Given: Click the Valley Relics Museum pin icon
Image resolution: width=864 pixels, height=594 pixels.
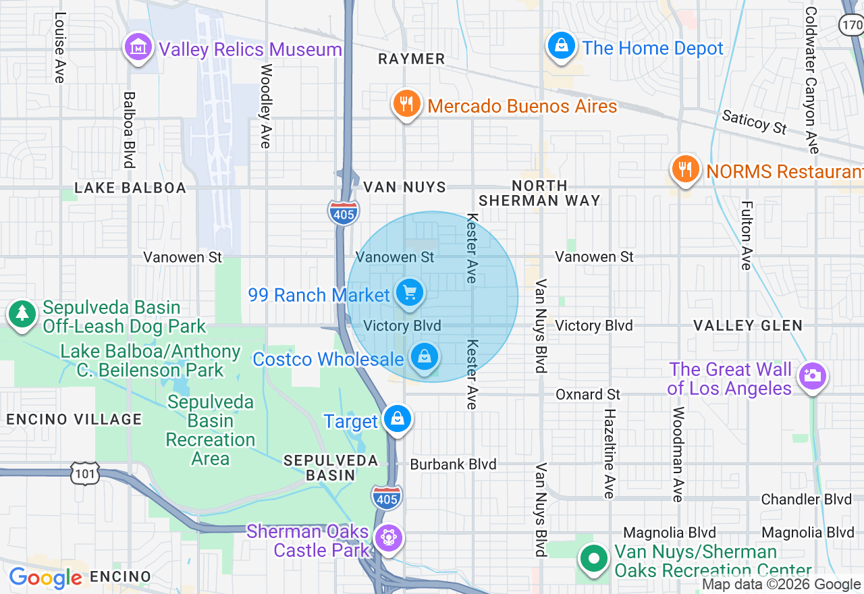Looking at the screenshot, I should tap(138, 47).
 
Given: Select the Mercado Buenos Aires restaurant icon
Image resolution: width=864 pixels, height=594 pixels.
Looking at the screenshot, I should tap(406, 104).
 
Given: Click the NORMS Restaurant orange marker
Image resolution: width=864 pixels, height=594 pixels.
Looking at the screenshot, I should tap(685, 168).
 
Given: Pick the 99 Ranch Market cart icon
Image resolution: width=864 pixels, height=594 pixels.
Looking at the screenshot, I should tap(409, 293).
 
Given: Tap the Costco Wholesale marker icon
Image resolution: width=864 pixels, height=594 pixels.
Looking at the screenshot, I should tap(425, 356).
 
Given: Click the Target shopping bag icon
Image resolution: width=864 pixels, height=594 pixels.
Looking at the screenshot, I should tap(398, 418).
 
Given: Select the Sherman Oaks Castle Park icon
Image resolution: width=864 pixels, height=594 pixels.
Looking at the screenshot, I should tap(389, 538).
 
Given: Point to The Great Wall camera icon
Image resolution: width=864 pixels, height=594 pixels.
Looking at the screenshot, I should tap(812, 376).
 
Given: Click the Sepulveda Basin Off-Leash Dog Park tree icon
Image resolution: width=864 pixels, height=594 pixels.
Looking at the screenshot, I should tap(22, 313).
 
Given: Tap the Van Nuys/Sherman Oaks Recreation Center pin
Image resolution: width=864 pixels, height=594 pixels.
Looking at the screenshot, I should tap(594, 559).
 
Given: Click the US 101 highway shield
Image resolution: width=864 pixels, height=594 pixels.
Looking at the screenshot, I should tap(85, 474).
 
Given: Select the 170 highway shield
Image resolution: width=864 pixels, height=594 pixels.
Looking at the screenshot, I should tap(850, 25).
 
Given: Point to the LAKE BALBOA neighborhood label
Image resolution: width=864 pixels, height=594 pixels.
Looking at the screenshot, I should tap(130, 188).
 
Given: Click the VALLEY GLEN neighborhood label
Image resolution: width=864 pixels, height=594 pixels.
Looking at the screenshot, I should tap(748, 326).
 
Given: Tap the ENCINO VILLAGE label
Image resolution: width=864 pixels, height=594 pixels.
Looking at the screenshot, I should tap(74, 419).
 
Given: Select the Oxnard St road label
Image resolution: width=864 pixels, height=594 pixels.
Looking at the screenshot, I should tap(587, 394).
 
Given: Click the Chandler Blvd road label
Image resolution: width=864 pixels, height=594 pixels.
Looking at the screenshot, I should tap(807, 500).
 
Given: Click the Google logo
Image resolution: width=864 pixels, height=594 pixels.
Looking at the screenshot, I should tap(46, 578).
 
